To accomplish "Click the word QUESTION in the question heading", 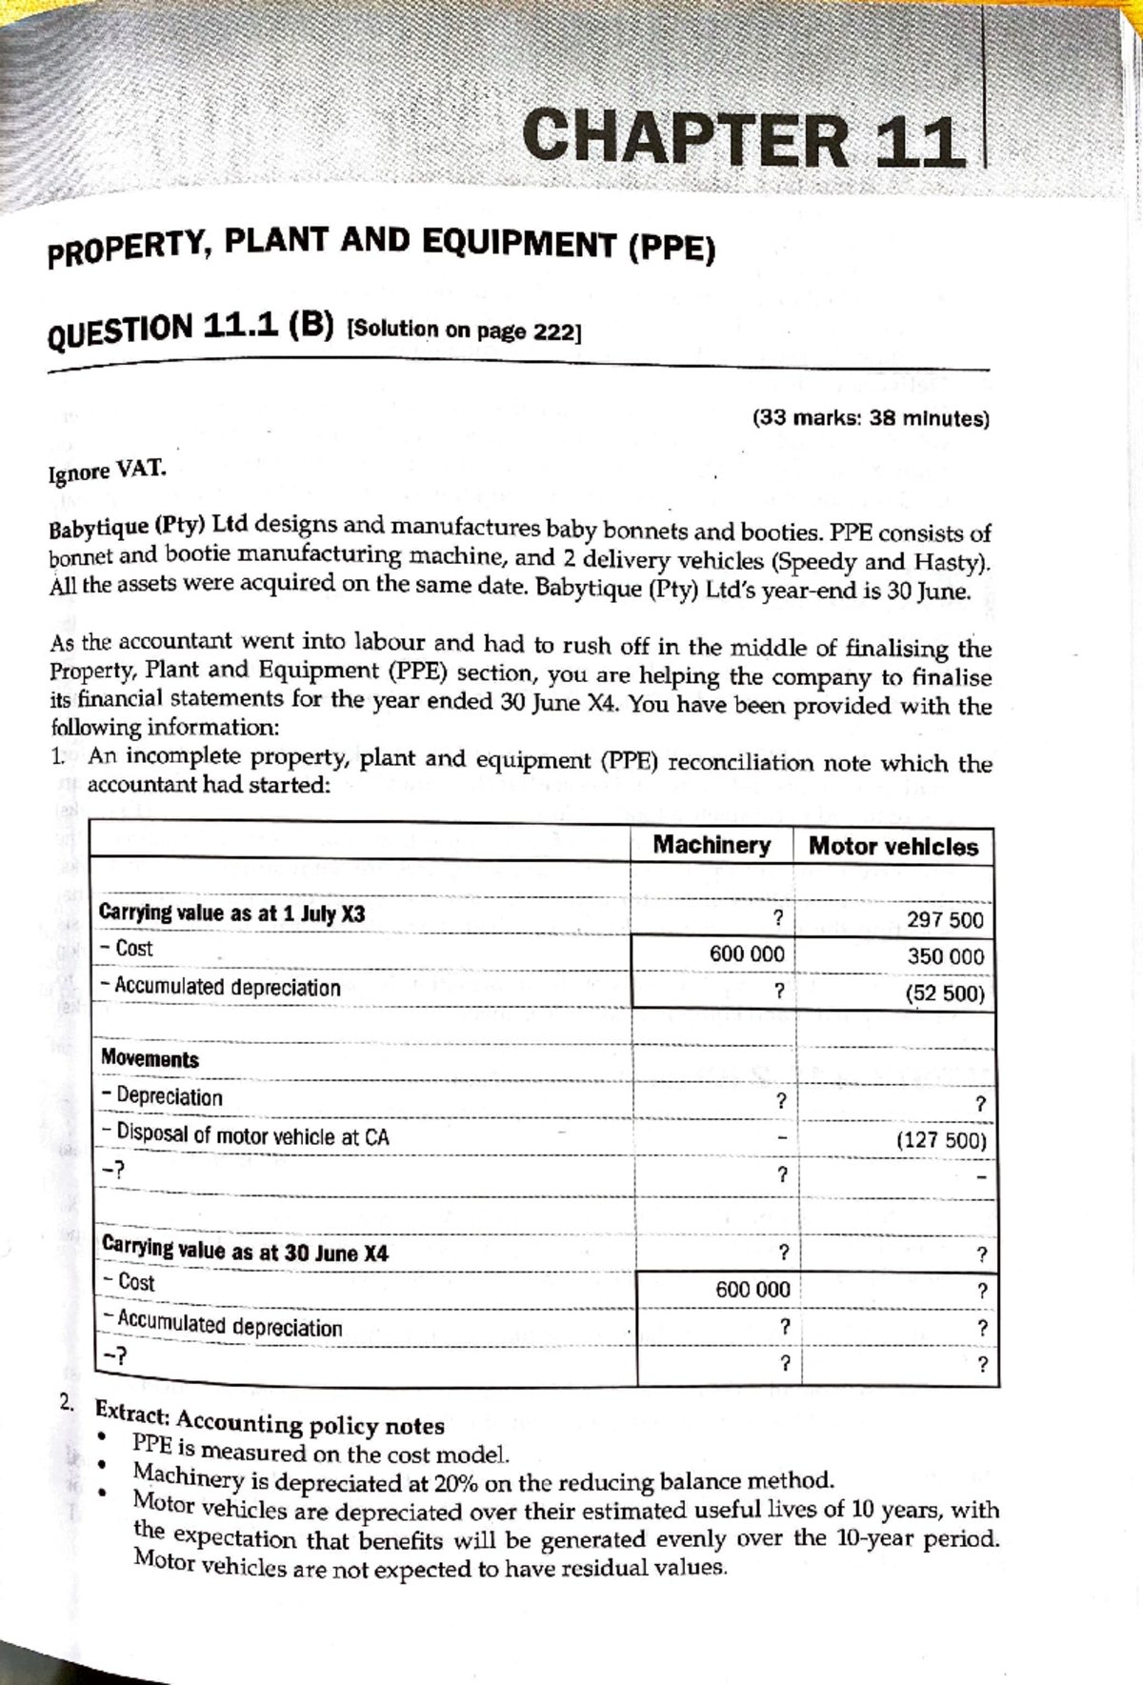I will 120,332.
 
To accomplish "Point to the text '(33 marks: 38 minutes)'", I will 871,417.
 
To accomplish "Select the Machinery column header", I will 712,845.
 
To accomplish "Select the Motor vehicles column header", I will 892,847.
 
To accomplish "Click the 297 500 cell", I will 945,920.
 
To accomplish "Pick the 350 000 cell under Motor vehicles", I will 945,956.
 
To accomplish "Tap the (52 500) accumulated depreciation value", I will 945,993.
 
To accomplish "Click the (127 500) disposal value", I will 941,1140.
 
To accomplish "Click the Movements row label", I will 150,1059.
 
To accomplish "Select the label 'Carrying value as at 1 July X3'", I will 231,913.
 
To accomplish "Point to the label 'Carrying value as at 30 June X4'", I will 245,1252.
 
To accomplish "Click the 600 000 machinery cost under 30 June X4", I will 752,1290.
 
